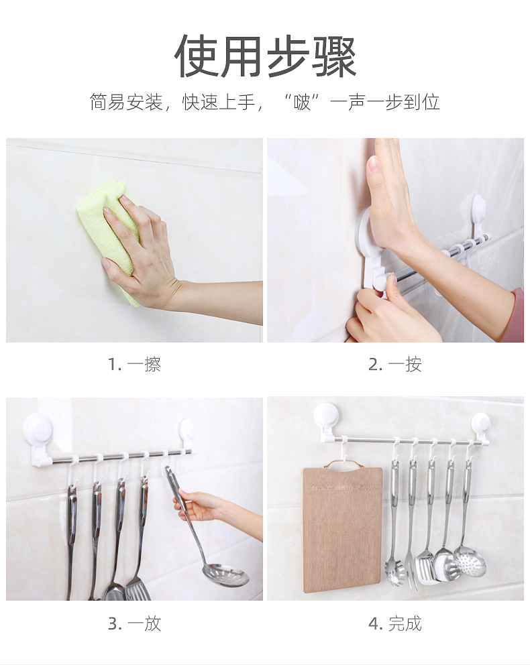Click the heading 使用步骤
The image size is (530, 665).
point(265,56)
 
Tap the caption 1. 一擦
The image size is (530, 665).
point(135,364)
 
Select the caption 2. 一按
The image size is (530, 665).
point(395,364)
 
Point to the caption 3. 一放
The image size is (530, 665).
point(135,623)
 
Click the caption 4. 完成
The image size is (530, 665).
point(395,623)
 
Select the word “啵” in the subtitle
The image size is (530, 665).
point(302,102)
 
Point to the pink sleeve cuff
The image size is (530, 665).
point(517,314)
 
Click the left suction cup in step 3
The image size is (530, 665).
point(34,429)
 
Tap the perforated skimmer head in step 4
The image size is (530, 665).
point(470,562)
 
